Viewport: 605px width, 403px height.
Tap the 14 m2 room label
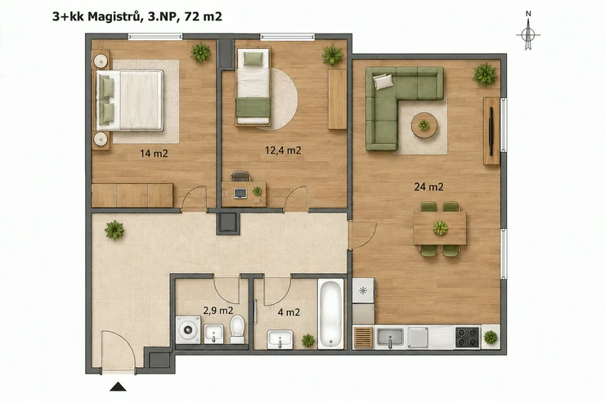click(x=154, y=154)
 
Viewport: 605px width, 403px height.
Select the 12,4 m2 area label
click(x=283, y=150)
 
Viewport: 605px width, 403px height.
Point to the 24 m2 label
click(x=428, y=187)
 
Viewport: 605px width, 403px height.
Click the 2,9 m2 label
click(x=218, y=311)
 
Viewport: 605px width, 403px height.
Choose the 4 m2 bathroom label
click(x=289, y=312)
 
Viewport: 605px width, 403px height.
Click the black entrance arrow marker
click(x=118, y=387)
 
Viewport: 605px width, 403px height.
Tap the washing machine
click(x=188, y=329)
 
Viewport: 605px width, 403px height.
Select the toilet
click(x=237, y=329)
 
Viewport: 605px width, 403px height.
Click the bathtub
click(x=330, y=314)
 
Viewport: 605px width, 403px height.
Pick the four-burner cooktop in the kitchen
click(x=468, y=338)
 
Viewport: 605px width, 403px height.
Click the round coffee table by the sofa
click(x=424, y=125)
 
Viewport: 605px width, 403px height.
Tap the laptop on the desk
click(x=240, y=193)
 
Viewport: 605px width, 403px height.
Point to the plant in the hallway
click(x=114, y=231)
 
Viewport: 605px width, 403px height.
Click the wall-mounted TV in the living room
click(x=491, y=131)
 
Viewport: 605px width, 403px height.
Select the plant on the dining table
click(x=440, y=228)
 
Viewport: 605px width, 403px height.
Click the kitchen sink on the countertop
click(x=390, y=338)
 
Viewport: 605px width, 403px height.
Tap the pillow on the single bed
click(x=253, y=59)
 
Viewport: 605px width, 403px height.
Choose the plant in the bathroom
click(x=308, y=341)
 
